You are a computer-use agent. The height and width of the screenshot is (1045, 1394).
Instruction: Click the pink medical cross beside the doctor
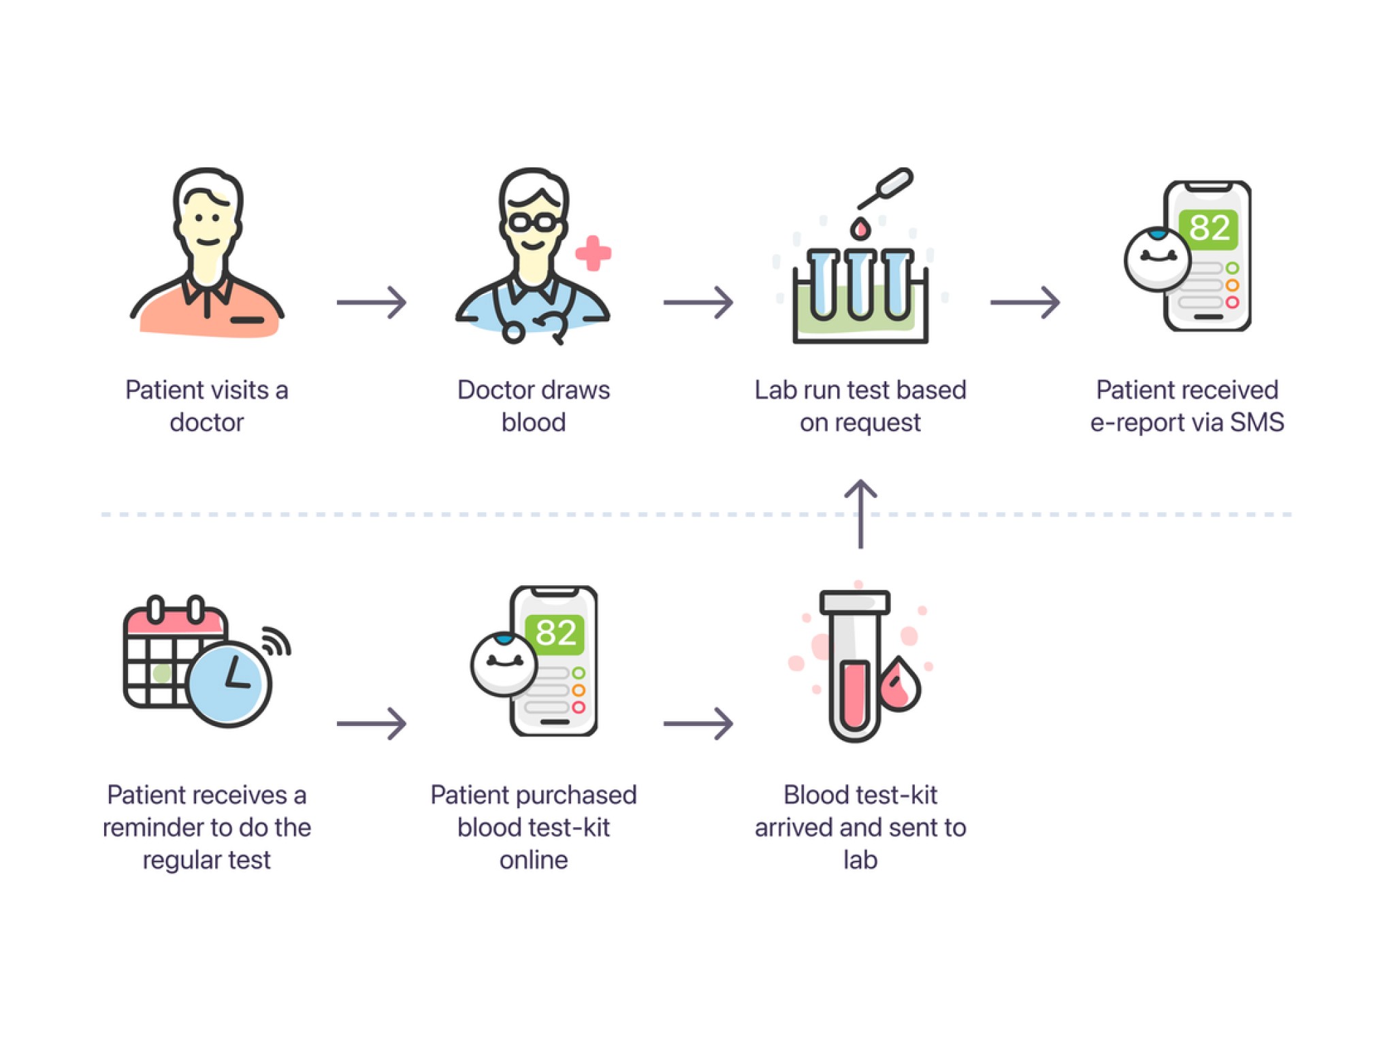coord(593,253)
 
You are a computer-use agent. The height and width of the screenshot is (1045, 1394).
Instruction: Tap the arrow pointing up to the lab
coord(860,514)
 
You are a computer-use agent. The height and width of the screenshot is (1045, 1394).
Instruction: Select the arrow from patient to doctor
coord(372,302)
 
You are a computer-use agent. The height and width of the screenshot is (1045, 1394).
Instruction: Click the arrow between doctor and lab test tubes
coord(698,302)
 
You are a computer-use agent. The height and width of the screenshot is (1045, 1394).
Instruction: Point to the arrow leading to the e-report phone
coord(1025,302)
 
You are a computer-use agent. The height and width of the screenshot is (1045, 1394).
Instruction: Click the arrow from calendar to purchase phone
coord(372,723)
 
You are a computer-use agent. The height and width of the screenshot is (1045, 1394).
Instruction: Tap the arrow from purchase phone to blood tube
coord(698,723)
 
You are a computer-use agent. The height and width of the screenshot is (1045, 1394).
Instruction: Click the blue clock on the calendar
coord(229,684)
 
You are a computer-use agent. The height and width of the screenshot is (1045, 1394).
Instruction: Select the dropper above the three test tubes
coord(885,188)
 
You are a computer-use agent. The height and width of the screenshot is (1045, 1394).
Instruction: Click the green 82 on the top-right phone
coord(1209,228)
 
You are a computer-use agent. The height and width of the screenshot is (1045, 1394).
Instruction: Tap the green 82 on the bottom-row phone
coord(555,633)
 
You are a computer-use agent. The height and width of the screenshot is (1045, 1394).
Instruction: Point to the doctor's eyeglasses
coord(533,222)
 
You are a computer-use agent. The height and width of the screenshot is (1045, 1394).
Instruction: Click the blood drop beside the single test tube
coord(899,684)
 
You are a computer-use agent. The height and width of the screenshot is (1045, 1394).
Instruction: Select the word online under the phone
coord(534,860)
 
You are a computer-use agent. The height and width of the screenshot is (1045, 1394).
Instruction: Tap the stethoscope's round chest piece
coord(513,333)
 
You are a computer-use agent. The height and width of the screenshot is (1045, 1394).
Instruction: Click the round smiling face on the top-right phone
coord(1157,259)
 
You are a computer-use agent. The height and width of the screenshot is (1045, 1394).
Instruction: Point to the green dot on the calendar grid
coord(162,674)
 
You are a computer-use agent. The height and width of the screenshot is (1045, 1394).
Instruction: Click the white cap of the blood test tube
coord(855,602)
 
